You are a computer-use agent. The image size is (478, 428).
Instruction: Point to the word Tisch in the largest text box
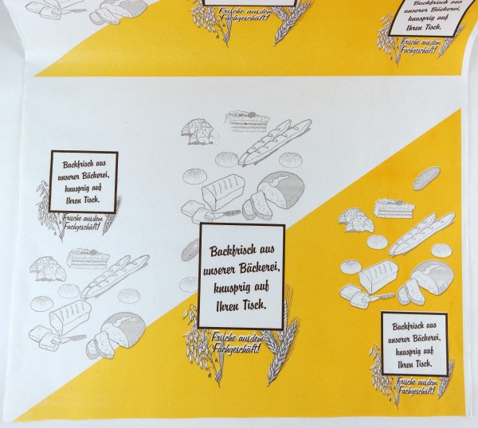click(x=259, y=305)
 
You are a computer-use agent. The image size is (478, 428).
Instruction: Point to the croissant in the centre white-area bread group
click(x=198, y=131)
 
